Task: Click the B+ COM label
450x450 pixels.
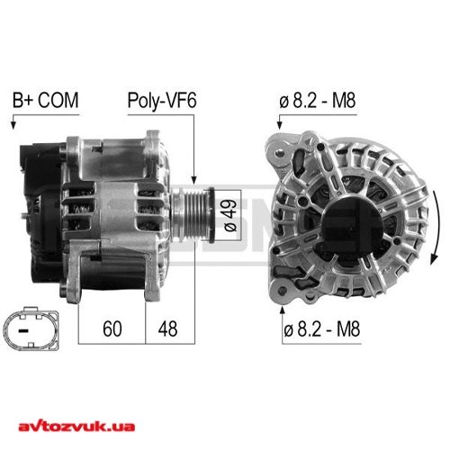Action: pos(45,100)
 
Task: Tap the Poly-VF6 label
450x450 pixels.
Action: pos(162,100)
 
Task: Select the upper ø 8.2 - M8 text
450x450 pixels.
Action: pos(318,101)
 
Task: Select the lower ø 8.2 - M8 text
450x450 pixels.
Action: pos(321,329)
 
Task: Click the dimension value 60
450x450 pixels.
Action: pos(112,328)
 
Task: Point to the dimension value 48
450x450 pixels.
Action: pos(167,328)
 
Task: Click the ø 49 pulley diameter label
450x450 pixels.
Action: pos(230,215)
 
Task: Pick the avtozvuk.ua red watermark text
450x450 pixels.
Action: pos(76,426)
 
